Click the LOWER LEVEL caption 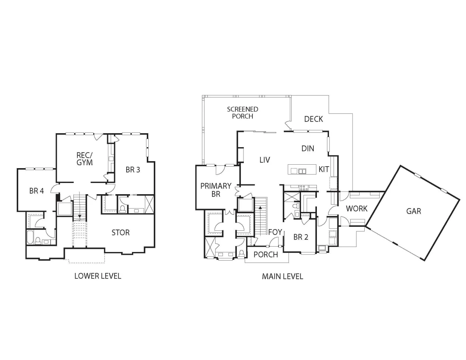coord(98,276)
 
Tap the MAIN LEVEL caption coord(282,277)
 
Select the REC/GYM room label coord(85,159)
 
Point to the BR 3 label coord(133,170)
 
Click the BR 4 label coord(37,191)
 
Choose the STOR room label coord(120,233)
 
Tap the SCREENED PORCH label coord(243,113)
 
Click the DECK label coord(313,119)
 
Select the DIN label coord(308,148)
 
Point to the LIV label coord(264,160)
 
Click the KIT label coord(323,169)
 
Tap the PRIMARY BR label coord(216,190)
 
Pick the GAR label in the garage coord(414,211)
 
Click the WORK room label coord(356,209)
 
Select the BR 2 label coord(301,237)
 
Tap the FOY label coord(275,232)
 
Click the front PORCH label coord(266,254)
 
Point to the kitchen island coord(302,169)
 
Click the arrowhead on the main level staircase coord(260,207)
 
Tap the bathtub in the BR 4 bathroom coord(30,237)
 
